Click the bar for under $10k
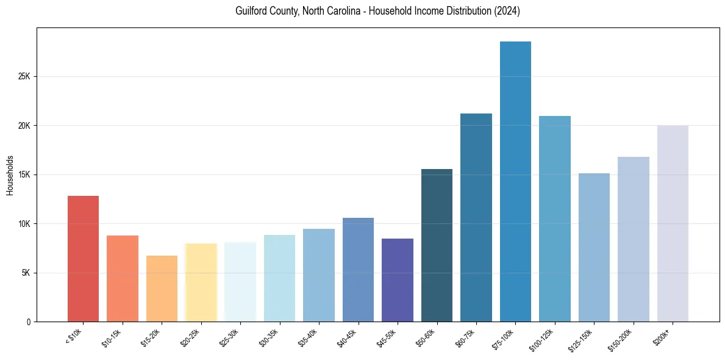83,259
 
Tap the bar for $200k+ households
673,223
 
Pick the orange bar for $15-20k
162,289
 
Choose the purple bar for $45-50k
398,280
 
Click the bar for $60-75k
476,218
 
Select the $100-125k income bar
555,219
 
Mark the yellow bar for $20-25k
201,283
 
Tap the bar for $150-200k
634,239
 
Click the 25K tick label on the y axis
24,77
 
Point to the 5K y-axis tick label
26,273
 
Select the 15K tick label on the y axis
24,175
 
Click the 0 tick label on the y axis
28,322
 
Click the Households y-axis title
10,175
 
